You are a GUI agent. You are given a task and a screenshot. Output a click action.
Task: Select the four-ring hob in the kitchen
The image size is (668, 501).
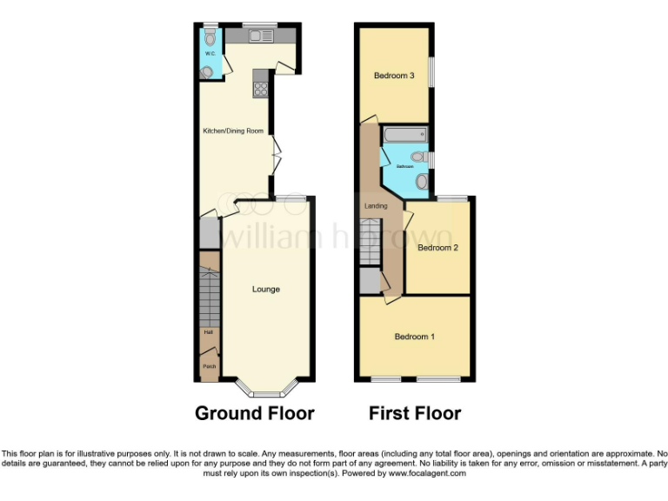click(x=259, y=87)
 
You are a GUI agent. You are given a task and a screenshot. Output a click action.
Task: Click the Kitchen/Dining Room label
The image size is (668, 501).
click(x=233, y=131)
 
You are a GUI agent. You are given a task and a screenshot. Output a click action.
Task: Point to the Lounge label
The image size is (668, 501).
click(x=265, y=289)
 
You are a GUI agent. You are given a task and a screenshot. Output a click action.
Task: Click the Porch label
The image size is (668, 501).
click(x=209, y=367)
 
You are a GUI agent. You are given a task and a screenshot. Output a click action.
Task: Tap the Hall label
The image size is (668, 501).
click(x=209, y=332)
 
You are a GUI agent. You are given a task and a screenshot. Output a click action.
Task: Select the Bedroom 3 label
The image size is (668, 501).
click(x=394, y=76)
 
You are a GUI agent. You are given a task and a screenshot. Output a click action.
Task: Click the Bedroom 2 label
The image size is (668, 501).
click(x=438, y=248)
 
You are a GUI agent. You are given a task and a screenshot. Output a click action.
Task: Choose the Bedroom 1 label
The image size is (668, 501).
click(x=415, y=337)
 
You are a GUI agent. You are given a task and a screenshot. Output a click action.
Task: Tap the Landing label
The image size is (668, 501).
click(x=376, y=206)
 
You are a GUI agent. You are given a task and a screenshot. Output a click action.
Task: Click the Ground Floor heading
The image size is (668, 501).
click(x=254, y=413)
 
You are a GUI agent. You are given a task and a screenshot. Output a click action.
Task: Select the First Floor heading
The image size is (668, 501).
click(x=415, y=413)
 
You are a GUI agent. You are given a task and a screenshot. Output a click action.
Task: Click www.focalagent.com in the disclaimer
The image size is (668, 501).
click(x=427, y=474)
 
